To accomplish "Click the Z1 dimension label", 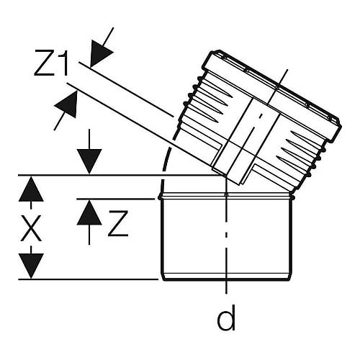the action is click(51, 63).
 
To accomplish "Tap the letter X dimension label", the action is click(31, 228).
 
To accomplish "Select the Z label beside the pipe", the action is click(118, 223).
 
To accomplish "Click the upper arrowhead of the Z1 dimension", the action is click(100, 53).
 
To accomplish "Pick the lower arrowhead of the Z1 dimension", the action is click(67, 106).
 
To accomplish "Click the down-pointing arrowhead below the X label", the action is click(31, 266).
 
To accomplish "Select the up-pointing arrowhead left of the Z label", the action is click(89, 212).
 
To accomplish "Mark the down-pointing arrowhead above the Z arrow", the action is click(89, 161).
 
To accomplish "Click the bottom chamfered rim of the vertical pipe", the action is click(226, 276).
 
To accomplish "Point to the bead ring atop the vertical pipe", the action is click(226, 197).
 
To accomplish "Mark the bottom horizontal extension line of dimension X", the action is click(89, 279).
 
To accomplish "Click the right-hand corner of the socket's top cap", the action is click(341, 125).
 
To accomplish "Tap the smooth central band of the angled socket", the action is click(246, 139).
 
